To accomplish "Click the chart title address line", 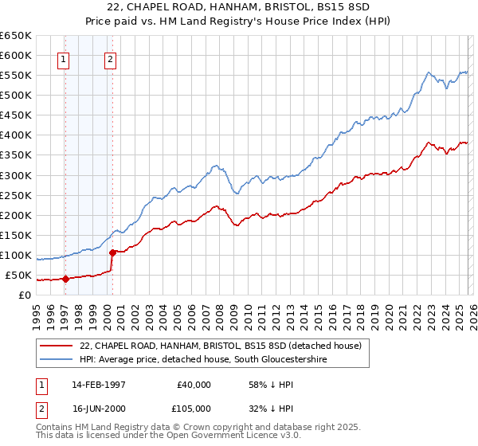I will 238,7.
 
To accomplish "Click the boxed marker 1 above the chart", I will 63,58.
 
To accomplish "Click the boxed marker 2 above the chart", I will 110,58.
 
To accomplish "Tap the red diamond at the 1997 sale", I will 65,279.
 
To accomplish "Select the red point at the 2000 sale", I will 112,252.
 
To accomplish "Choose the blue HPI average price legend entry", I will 203,360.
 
